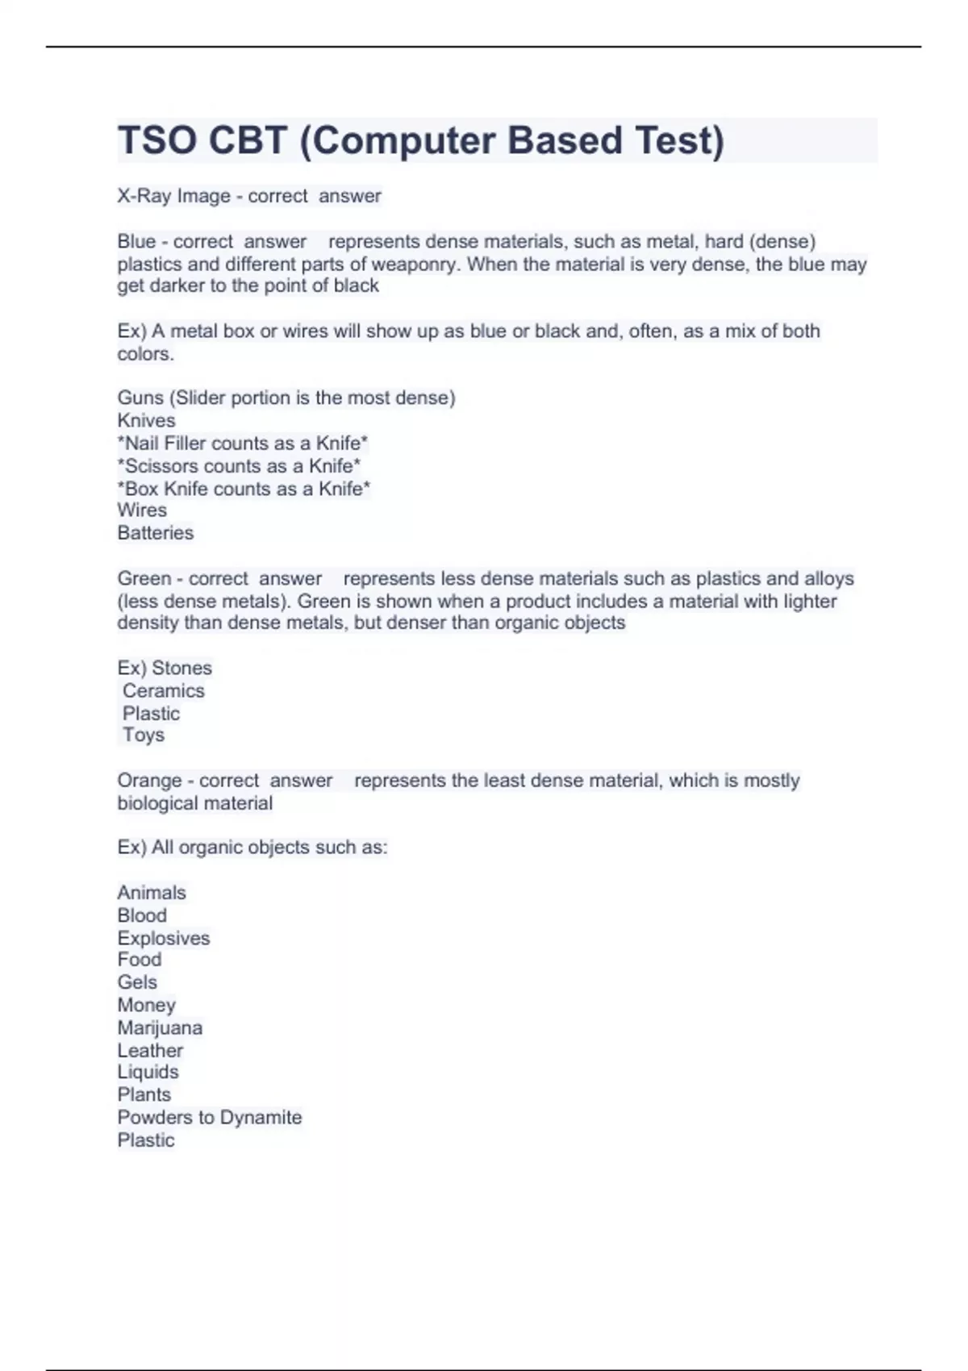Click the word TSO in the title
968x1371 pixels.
coord(156,140)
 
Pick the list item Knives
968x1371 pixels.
coord(146,420)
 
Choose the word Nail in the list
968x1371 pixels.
coord(142,444)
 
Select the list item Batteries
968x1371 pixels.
coord(156,533)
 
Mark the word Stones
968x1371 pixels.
coord(181,668)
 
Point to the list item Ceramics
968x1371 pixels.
coord(164,690)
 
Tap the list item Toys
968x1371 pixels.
coord(144,735)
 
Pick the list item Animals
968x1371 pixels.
coord(152,893)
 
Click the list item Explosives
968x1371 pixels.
coord(164,938)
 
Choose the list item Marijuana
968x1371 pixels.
coord(160,1028)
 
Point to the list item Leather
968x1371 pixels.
coord(150,1051)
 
